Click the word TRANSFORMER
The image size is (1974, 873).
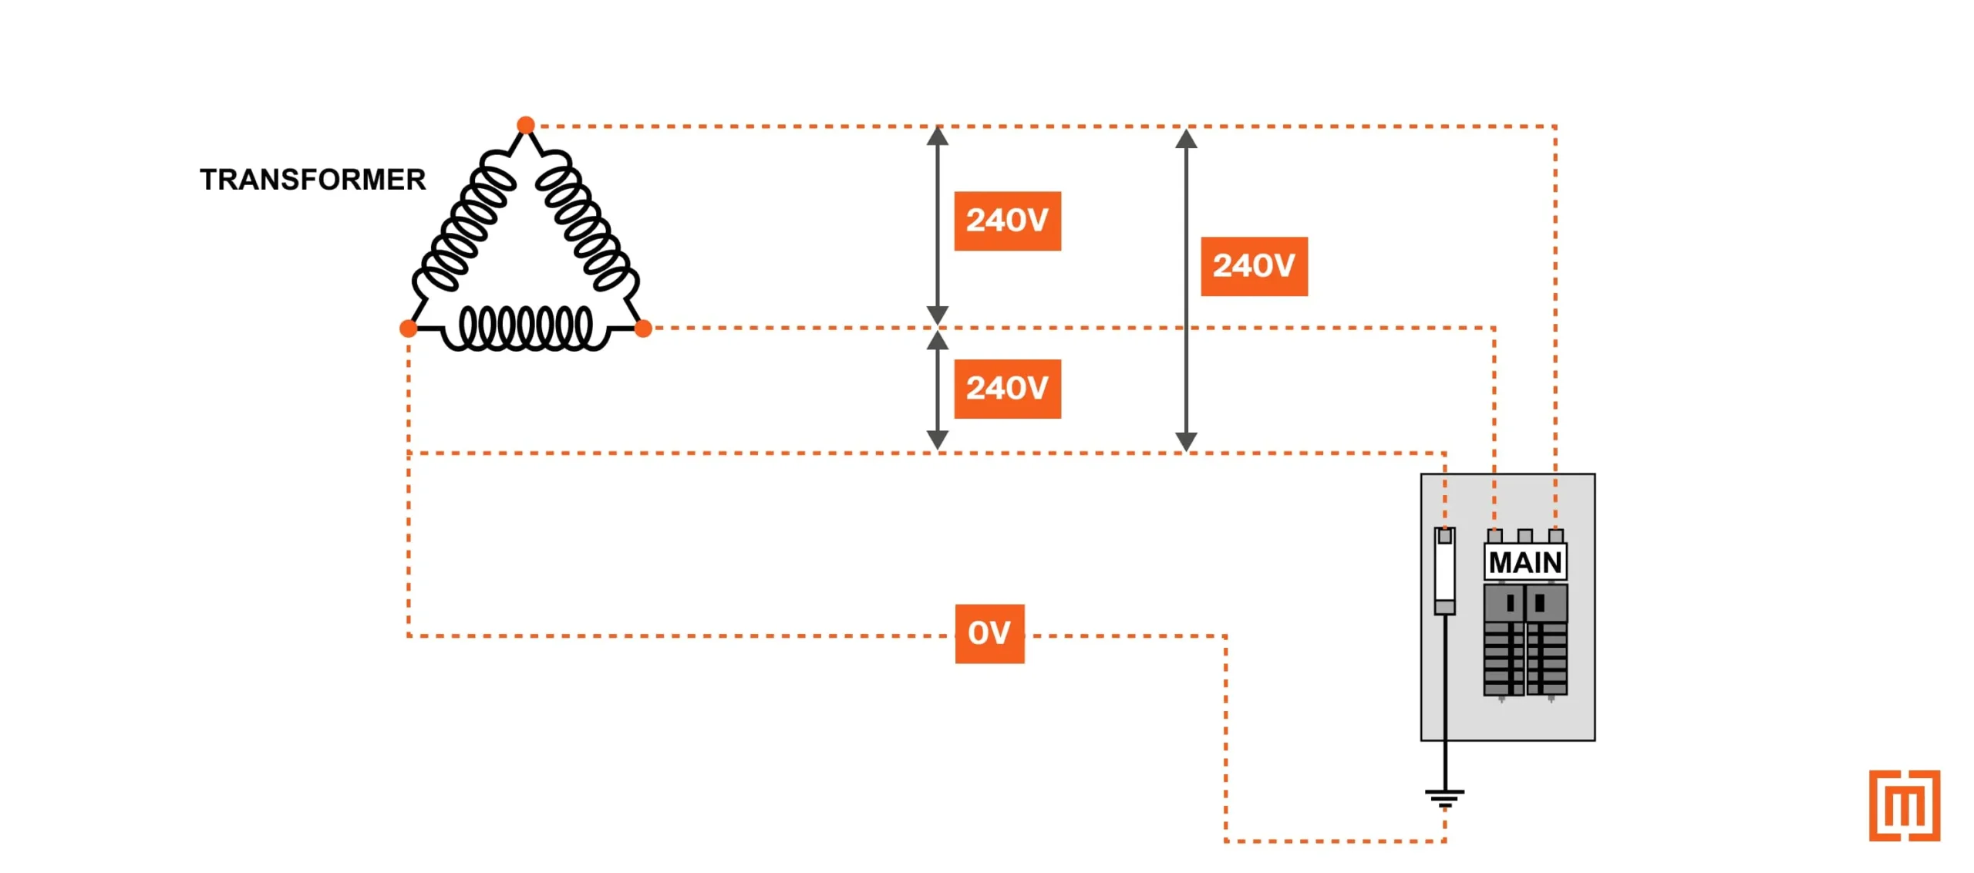click(312, 180)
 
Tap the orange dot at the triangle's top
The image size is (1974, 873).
click(525, 125)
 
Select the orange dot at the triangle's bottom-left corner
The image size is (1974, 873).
click(408, 329)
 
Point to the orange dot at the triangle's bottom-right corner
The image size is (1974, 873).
click(642, 329)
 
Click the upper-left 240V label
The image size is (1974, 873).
click(1007, 221)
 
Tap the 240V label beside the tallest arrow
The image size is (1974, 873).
click(1254, 266)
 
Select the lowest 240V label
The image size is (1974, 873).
click(1007, 389)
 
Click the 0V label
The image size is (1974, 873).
click(989, 633)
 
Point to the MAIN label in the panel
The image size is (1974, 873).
click(1524, 562)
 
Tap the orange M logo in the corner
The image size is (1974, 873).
click(1904, 805)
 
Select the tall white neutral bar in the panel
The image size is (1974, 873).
click(1444, 571)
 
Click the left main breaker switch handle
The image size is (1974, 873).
click(1510, 603)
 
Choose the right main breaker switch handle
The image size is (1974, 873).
click(1539, 603)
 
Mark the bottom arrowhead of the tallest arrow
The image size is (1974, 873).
click(1186, 442)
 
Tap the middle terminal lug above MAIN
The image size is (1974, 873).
click(1524, 535)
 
